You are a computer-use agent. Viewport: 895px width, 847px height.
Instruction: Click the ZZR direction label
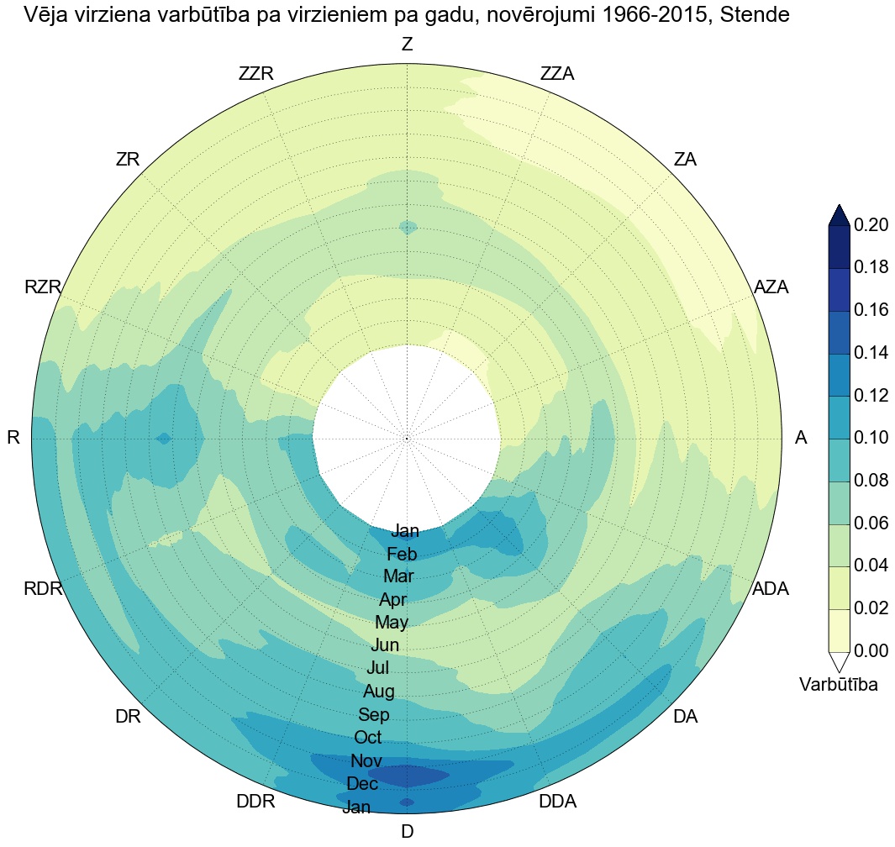[256, 74]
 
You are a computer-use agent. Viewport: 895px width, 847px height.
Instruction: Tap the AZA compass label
[771, 287]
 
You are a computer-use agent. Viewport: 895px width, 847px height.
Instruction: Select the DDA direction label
[557, 802]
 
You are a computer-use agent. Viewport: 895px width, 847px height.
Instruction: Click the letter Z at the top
[407, 45]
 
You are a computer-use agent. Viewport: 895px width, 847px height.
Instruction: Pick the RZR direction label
[43, 287]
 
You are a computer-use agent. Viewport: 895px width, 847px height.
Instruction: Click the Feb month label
[402, 555]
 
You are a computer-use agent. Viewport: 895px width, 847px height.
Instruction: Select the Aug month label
[378, 692]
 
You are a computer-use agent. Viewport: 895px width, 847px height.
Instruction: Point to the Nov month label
[366, 761]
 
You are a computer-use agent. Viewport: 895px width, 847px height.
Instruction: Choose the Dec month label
[362, 784]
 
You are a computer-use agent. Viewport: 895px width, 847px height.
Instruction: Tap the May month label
[392, 623]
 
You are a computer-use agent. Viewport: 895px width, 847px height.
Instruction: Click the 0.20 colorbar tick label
[871, 225]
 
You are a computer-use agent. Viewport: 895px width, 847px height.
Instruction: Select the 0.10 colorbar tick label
[871, 438]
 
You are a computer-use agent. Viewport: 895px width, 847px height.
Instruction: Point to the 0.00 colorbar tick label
[871, 650]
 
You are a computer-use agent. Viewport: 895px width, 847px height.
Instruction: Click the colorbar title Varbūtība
[839, 685]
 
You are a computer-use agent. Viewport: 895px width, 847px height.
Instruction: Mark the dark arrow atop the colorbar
[839, 215]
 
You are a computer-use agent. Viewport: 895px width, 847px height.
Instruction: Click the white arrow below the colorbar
[839, 660]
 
